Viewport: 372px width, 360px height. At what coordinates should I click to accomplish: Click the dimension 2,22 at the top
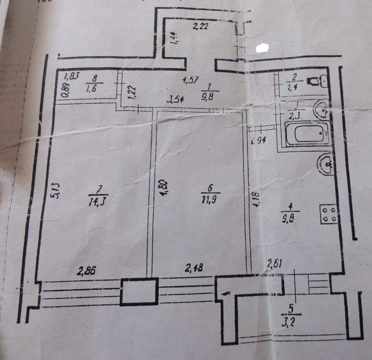click(x=200, y=27)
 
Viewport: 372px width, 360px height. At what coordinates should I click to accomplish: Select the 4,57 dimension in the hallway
click(x=191, y=80)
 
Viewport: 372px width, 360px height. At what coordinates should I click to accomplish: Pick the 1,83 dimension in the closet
click(x=71, y=75)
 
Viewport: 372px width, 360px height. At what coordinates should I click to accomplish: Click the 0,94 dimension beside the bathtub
click(x=258, y=140)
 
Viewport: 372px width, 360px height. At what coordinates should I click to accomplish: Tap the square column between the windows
click(x=138, y=293)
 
